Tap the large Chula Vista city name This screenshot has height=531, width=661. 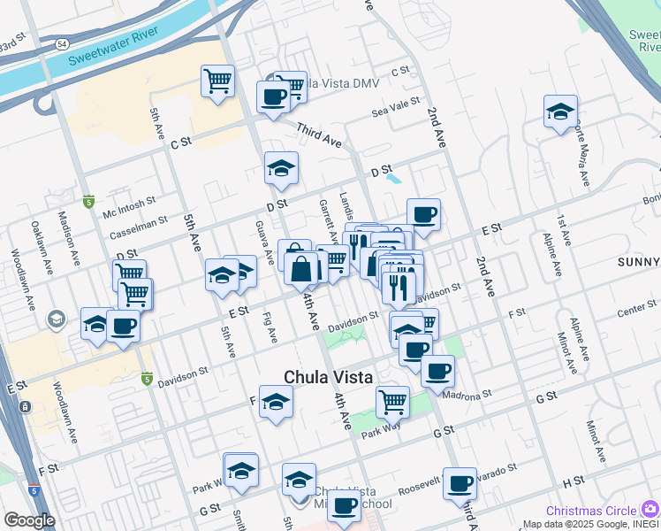329,378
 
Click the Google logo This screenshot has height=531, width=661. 29,520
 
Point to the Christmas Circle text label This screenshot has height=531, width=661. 590,511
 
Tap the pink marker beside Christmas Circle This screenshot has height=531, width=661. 650,509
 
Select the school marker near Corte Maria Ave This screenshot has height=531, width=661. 560,112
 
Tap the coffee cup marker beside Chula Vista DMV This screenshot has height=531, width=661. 274,96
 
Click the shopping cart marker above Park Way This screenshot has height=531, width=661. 392,402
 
